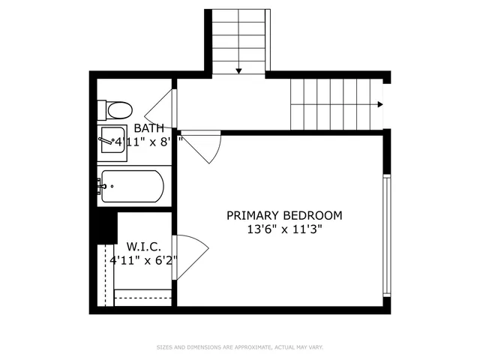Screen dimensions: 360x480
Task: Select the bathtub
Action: click(x=132, y=186)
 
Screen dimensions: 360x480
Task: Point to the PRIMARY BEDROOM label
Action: click(x=284, y=215)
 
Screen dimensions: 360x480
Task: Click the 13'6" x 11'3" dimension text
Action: click(x=284, y=229)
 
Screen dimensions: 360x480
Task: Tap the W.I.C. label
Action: click(x=140, y=246)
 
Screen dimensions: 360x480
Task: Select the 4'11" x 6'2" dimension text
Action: click(x=142, y=260)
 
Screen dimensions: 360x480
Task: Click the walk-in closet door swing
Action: click(x=188, y=255)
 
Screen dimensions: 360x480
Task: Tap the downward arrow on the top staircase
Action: click(x=238, y=70)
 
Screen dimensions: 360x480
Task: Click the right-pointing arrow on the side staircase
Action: click(x=381, y=104)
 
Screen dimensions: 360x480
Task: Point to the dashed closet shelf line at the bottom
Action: click(x=142, y=298)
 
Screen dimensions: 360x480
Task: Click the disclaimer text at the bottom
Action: click(x=239, y=347)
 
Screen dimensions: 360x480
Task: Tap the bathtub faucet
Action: click(x=100, y=186)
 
